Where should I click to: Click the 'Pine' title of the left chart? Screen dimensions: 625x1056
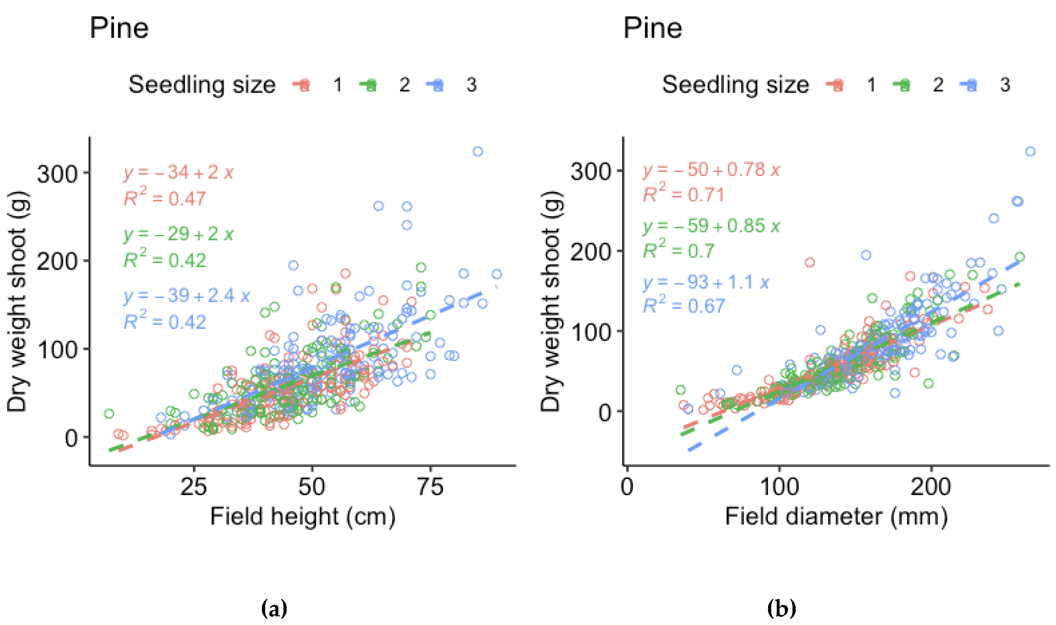(119, 29)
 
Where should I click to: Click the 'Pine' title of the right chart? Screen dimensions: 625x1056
(653, 29)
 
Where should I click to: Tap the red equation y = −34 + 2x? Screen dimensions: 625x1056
(179, 173)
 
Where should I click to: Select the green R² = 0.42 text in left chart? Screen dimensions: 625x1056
(165, 260)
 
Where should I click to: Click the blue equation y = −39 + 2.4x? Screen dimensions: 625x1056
(187, 296)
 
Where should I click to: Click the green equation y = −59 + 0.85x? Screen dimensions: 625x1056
(711, 226)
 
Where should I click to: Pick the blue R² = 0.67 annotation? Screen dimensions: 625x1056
(683, 305)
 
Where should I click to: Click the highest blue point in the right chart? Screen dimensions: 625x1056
(1030, 152)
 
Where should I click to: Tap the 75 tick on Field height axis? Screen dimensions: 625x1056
(430, 487)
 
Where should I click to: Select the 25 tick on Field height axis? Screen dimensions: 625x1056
(194, 487)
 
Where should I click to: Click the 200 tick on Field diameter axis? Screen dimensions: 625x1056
(931, 487)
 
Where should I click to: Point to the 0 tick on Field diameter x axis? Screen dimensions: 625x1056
(627, 487)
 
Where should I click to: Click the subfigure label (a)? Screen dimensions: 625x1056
(274, 609)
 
